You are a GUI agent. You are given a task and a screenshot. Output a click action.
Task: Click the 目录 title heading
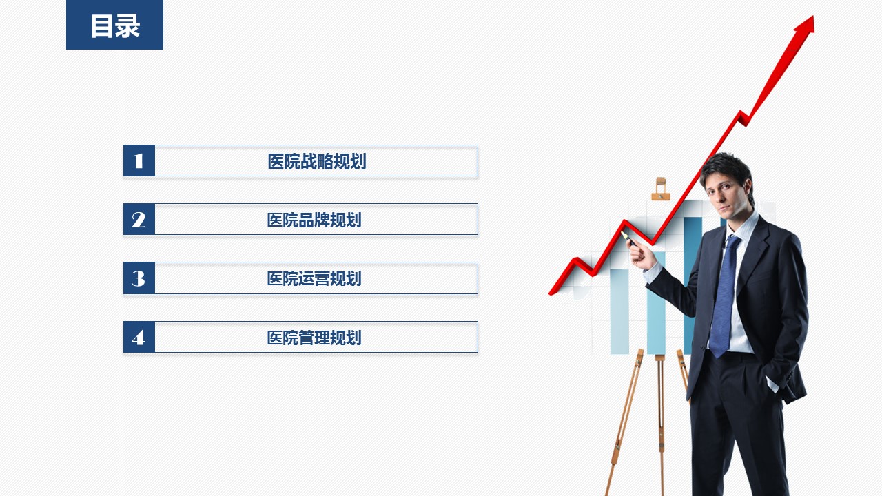click(x=115, y=26)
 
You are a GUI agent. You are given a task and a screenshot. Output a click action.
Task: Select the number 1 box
click(x=139, y=161)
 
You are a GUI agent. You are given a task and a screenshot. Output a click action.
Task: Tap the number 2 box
click(x=139, y=219)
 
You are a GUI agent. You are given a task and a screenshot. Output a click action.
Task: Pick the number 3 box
click(x=139, y=278)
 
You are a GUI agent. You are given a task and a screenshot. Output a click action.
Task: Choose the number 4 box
click(x=139, y=337)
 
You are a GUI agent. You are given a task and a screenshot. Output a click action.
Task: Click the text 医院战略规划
click(x=317, y=161)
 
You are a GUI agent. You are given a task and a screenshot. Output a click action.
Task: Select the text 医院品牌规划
click(x=314, y=220)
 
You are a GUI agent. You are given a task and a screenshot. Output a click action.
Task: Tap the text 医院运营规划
click(x=314, y=279)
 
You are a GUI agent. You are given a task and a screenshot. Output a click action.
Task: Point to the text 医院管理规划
click(x=314, y=338)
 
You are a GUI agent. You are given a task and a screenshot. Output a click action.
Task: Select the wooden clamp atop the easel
click(x=661, y=189)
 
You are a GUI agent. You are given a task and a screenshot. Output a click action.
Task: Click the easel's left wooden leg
click(x=625, y=421)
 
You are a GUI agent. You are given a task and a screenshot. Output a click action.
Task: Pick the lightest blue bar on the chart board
click(x=619, y=311)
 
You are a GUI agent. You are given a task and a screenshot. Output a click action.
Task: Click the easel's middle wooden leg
click(x=661, y=425)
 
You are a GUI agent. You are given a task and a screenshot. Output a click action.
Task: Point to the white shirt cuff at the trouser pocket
click(x=772, y=384)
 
